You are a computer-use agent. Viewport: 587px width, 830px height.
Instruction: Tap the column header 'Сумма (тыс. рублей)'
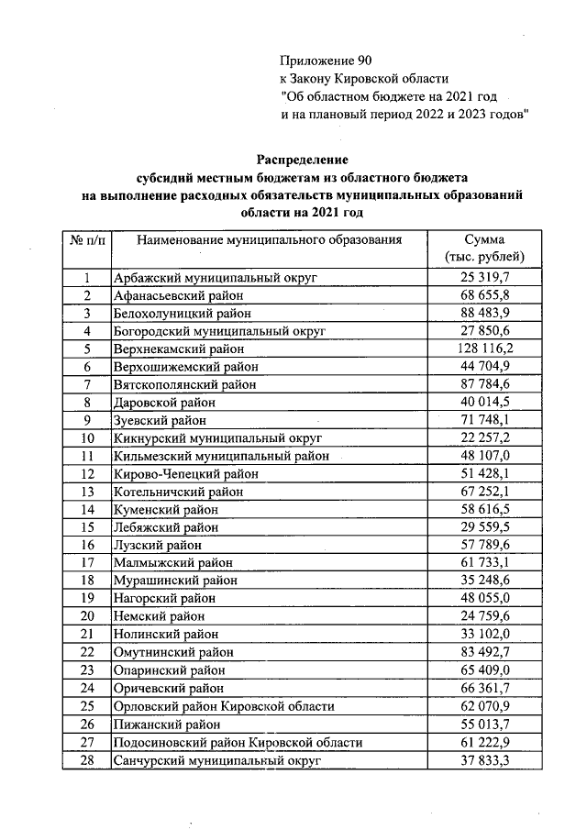click(483, 248)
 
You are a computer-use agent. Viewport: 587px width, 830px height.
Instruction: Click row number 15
click(86, 527)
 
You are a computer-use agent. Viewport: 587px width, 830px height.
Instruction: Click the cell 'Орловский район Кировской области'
click(223, 707)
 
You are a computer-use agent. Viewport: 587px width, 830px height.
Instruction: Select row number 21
click(86, 635)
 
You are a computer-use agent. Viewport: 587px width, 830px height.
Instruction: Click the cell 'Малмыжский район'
click(172, 563)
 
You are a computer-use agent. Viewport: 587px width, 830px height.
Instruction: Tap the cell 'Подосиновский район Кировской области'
click(236, 743)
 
